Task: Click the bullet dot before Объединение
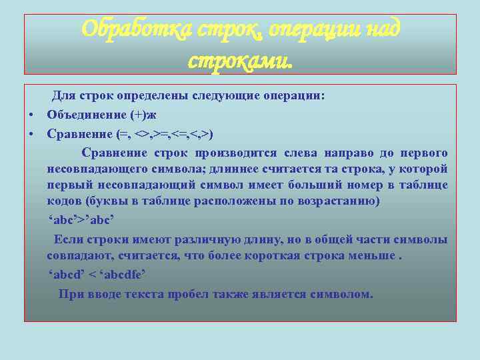(32, 115)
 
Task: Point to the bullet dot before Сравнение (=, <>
(32, 134)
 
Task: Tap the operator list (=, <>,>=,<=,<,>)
(165, 134)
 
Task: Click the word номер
(357, 185)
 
